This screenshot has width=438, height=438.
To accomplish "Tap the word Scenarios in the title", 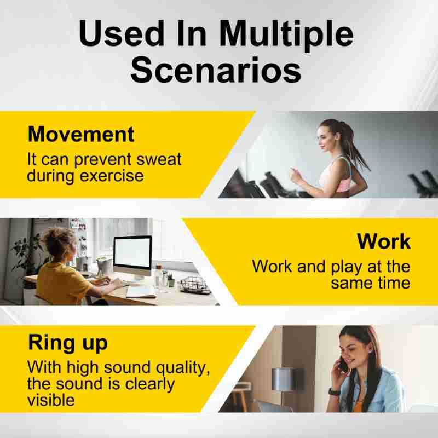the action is coord(216,70).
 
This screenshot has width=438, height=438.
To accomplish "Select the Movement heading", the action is coord(81,134).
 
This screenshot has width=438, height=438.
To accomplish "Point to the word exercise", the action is coord(112,176).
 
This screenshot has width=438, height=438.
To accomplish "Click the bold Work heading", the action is coord(384,241).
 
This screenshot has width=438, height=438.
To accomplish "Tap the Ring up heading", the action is coord(68,343).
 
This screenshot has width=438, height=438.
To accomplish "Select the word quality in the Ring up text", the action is coord(183,368).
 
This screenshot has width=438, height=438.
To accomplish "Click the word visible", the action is coord(51,400).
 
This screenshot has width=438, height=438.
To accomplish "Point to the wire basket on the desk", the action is coord(195,285).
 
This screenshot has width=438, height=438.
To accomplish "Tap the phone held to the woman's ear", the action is coord(343,365).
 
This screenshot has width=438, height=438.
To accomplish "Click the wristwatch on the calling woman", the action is coord(334,391).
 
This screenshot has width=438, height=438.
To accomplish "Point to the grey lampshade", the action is coord(283,379).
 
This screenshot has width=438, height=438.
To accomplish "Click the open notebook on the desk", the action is coord(141,292).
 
